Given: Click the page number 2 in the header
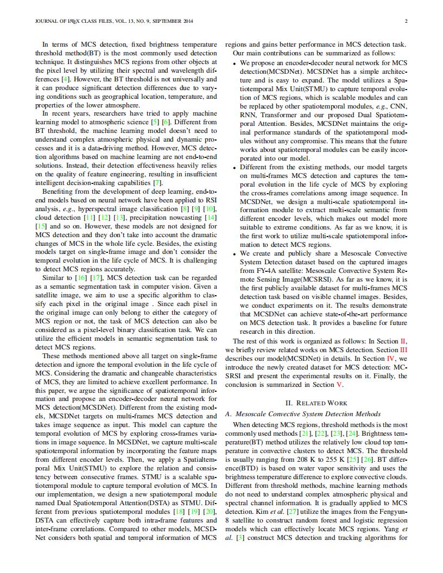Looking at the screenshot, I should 406,22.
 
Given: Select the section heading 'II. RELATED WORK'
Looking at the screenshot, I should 316,403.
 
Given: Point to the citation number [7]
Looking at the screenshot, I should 157,182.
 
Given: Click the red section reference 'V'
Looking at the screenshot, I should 340,385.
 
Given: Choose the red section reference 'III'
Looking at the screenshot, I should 402,350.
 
